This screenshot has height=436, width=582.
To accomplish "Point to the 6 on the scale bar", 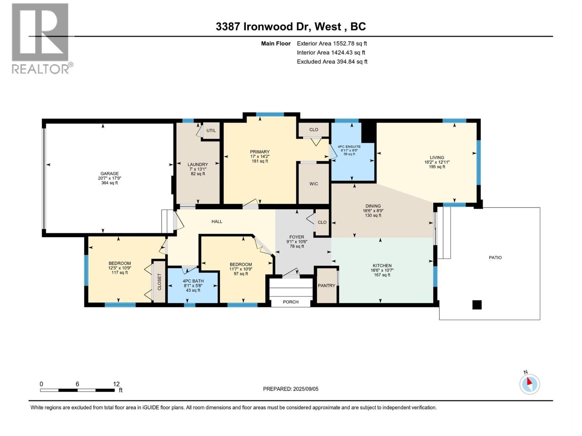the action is [x=77, y=384].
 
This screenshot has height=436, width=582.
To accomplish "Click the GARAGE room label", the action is [x=109, y=174].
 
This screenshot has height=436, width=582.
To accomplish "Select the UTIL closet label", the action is [x=211, y=130].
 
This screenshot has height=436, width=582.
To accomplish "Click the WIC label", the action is [x=314, y=184].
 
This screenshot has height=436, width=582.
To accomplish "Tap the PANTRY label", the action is [x=326, y=286].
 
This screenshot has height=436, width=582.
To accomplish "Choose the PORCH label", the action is [x=291, y=302].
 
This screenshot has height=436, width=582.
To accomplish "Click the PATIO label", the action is [x=495, y=258].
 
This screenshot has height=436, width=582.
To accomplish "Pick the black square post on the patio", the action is [x=477, y=305].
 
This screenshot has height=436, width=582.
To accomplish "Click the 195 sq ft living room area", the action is [x=437, y=167].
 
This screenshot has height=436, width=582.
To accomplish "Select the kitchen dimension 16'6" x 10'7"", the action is [x=382, y=270].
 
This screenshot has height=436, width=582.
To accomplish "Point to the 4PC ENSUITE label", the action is [x=349, y=147].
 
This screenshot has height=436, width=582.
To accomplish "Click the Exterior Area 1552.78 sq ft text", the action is [x=332, y=43].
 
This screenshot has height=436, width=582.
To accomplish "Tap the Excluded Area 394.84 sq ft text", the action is [x=332, y=62].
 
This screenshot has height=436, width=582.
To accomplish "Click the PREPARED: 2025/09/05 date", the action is [x=291, y=389].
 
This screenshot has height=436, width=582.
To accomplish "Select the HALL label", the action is [x=217, y=222].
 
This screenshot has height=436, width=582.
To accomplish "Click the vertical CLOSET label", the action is [x=159, y=282].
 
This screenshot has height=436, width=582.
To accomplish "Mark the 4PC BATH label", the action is [x=193, y=281].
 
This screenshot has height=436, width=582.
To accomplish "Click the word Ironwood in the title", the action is [x=275, y=27].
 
